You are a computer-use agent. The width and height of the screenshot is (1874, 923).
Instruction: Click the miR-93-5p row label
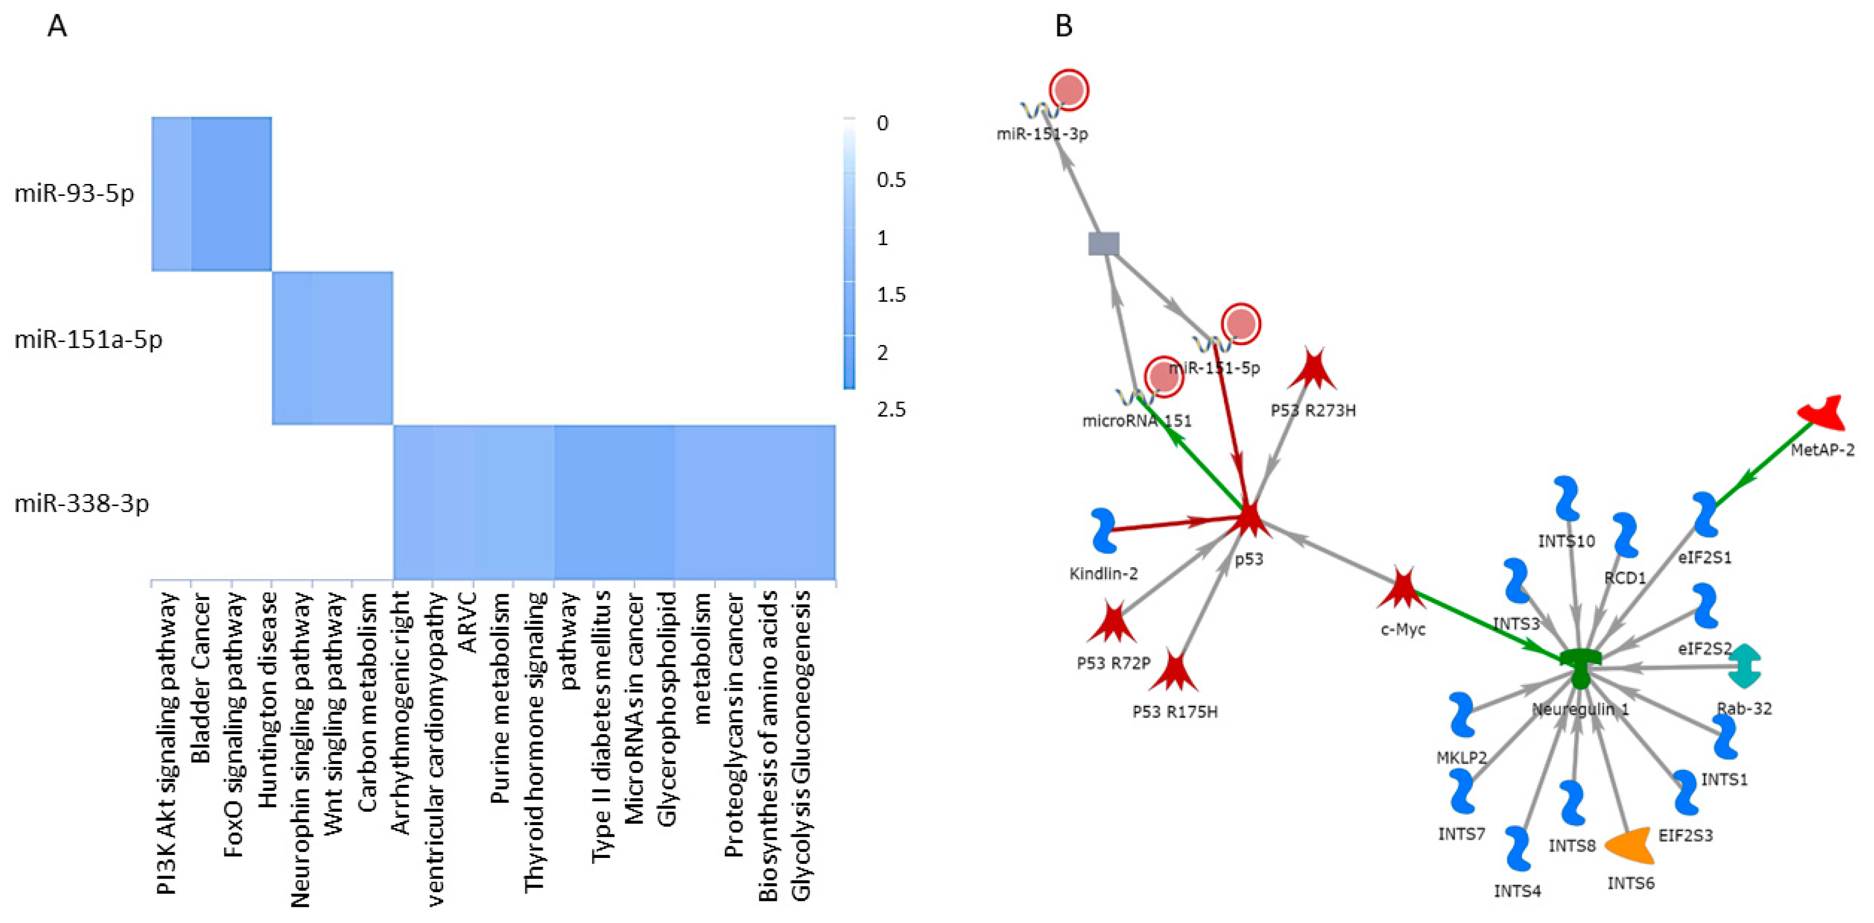[74, 194]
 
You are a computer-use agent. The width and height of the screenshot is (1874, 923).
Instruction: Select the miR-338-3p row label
[82, 503]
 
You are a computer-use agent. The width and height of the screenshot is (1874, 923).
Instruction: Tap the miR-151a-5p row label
[88, 339]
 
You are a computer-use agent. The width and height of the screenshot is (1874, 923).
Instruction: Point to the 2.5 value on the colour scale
[891, 410]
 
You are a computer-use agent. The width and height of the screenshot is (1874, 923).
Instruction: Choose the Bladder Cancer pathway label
[200, 678]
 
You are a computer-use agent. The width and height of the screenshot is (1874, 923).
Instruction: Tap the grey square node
[1104, 244]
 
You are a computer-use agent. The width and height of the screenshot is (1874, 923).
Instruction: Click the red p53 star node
[1249, 520]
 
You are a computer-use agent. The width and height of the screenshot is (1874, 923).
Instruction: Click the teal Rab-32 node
[1744, 665]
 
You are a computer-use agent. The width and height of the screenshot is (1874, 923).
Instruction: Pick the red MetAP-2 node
[1823, 414]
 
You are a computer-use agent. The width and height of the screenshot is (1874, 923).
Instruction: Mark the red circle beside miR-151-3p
[1069, 90]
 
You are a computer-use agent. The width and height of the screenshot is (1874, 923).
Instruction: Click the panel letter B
[1064, 27]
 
